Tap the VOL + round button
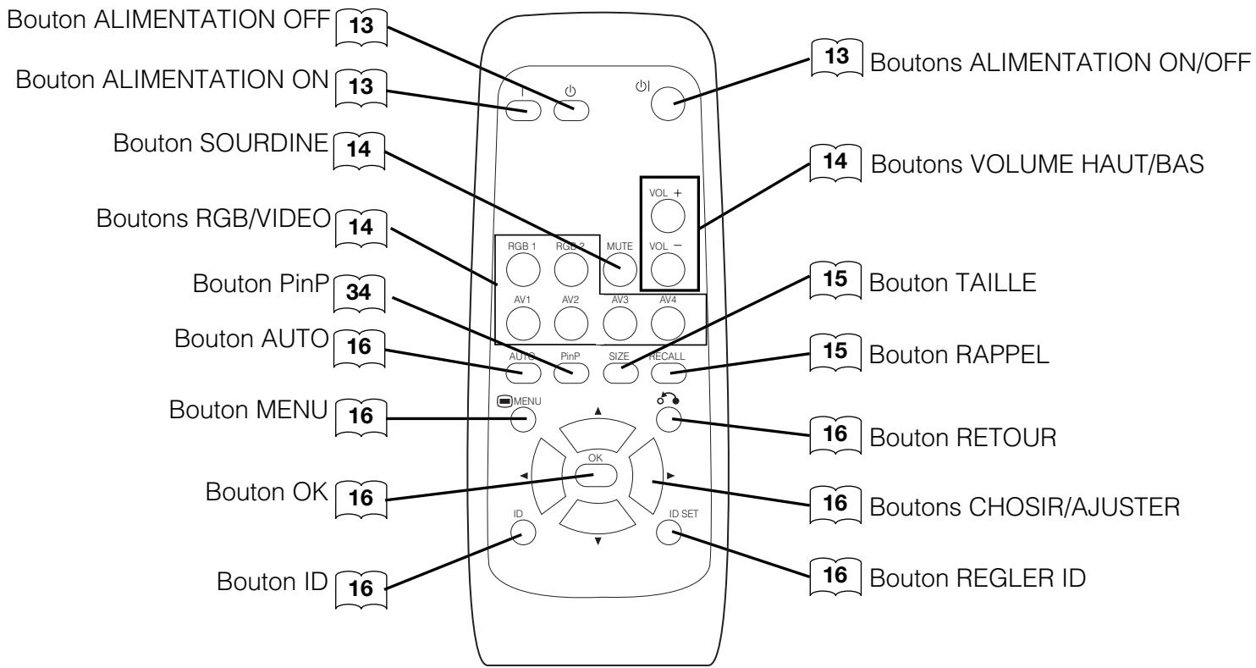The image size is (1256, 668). tap(667, 218)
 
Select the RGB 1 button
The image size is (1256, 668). tap(523, 271)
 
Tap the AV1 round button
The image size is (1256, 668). tap(523, 321)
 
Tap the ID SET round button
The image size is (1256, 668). tap(668, 531)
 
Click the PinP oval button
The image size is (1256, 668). tap(571, 370)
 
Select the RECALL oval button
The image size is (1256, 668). tap(668, 370)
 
